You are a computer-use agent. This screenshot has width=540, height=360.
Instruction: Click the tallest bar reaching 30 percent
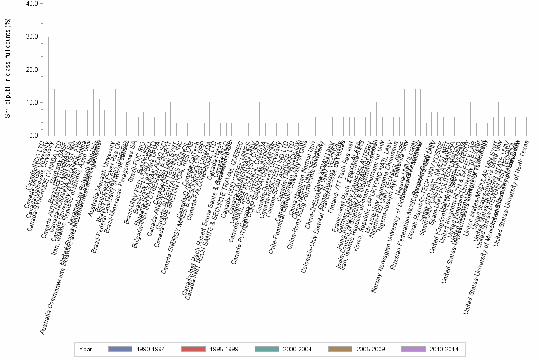(x=49, y=86)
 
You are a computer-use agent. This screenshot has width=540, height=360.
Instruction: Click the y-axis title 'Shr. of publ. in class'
(x=7, y=69)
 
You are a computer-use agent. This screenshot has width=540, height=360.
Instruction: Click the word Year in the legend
(x=86, y=350)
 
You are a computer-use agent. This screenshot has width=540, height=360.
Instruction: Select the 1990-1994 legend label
(x=150, y=350)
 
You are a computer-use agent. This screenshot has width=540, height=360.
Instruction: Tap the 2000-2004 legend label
(x=297, y=350)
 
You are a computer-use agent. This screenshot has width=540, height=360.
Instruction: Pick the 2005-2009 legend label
(x=370, y=350)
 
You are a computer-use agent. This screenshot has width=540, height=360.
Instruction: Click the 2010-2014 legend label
(x=444, y=350)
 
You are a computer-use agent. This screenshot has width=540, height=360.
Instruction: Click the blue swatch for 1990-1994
(x=120, y=349)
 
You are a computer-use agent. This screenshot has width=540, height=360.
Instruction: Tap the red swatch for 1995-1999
(x=193, y=349)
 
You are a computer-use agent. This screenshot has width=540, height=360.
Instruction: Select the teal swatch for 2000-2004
(x=266, y=349)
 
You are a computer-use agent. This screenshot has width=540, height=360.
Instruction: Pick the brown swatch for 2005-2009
(x=340, y=349)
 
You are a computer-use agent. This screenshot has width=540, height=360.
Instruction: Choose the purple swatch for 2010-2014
(x=413, y=349)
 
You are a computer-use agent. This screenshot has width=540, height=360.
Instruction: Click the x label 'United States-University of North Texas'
(x=512, y=190)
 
